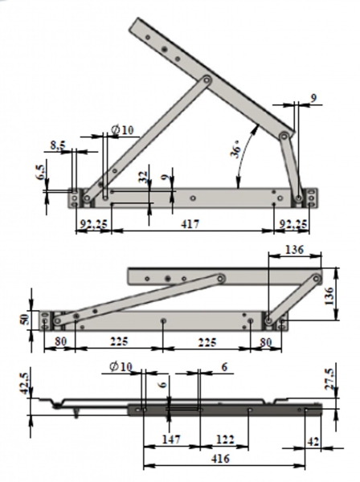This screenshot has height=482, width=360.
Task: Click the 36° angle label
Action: pos(236,149)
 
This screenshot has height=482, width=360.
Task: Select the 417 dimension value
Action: pos(190,224)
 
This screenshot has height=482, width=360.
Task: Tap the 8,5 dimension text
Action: pos(58,145)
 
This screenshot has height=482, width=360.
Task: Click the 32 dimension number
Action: pos(144,177)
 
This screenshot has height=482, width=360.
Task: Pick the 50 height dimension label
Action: pos(25,320)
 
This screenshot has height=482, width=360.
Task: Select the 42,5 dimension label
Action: pos(25,383)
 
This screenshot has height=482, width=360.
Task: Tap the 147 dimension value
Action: pos(171,439)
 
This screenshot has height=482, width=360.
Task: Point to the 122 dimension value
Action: pos(225,439)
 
